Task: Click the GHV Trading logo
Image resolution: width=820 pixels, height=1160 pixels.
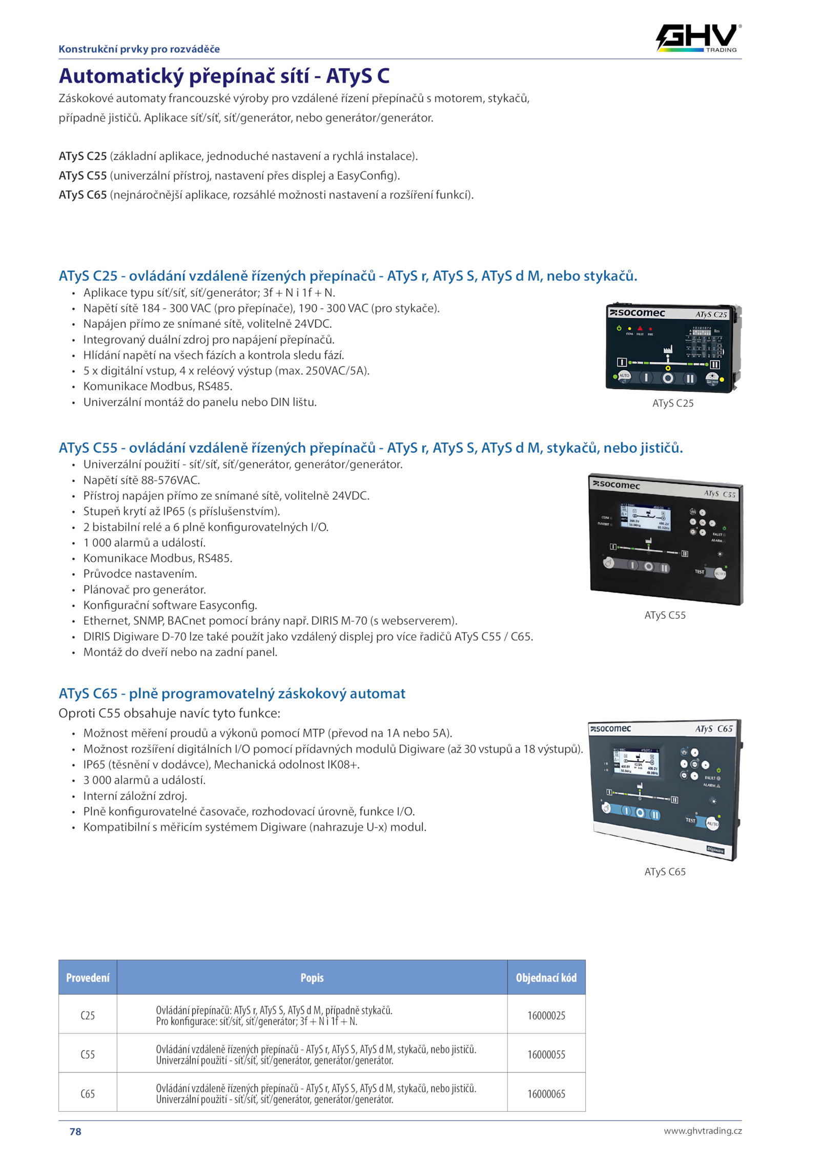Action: [699, 38]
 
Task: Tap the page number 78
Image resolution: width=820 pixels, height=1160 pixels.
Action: [75, 1131]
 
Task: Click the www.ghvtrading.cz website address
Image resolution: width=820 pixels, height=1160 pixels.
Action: [703, 1131]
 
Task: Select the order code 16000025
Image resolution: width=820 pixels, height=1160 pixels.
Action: [546, 1015]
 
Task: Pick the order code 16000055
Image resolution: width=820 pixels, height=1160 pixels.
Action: [546, 1054]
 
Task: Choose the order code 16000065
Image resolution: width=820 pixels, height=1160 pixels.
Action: [546, 1094]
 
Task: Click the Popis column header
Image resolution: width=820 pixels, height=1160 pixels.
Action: [312, 978]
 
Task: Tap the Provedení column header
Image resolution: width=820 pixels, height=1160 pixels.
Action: [88, 978]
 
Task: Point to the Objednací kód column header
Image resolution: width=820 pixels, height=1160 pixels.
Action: [546, 978]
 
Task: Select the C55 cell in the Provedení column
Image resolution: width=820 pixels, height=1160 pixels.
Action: [88, 1054]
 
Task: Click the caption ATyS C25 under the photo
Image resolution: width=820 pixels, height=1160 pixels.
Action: [673, 403]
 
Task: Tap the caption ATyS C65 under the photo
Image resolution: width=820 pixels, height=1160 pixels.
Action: [665, 872]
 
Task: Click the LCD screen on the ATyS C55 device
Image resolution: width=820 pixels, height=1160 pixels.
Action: [645, 518]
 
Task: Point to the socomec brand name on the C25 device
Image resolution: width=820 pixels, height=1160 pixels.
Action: [637, 313]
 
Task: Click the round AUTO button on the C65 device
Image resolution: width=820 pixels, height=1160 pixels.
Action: [712, 824]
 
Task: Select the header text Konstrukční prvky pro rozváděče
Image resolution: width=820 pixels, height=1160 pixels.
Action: [139, 49]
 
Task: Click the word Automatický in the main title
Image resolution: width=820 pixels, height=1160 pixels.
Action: [121, 76]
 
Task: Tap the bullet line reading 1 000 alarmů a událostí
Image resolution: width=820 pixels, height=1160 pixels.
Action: [145, 543]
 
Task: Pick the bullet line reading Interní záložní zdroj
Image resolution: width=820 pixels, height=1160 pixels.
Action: [135, 796]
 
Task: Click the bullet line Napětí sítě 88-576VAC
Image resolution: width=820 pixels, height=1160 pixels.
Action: [142, 480]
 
